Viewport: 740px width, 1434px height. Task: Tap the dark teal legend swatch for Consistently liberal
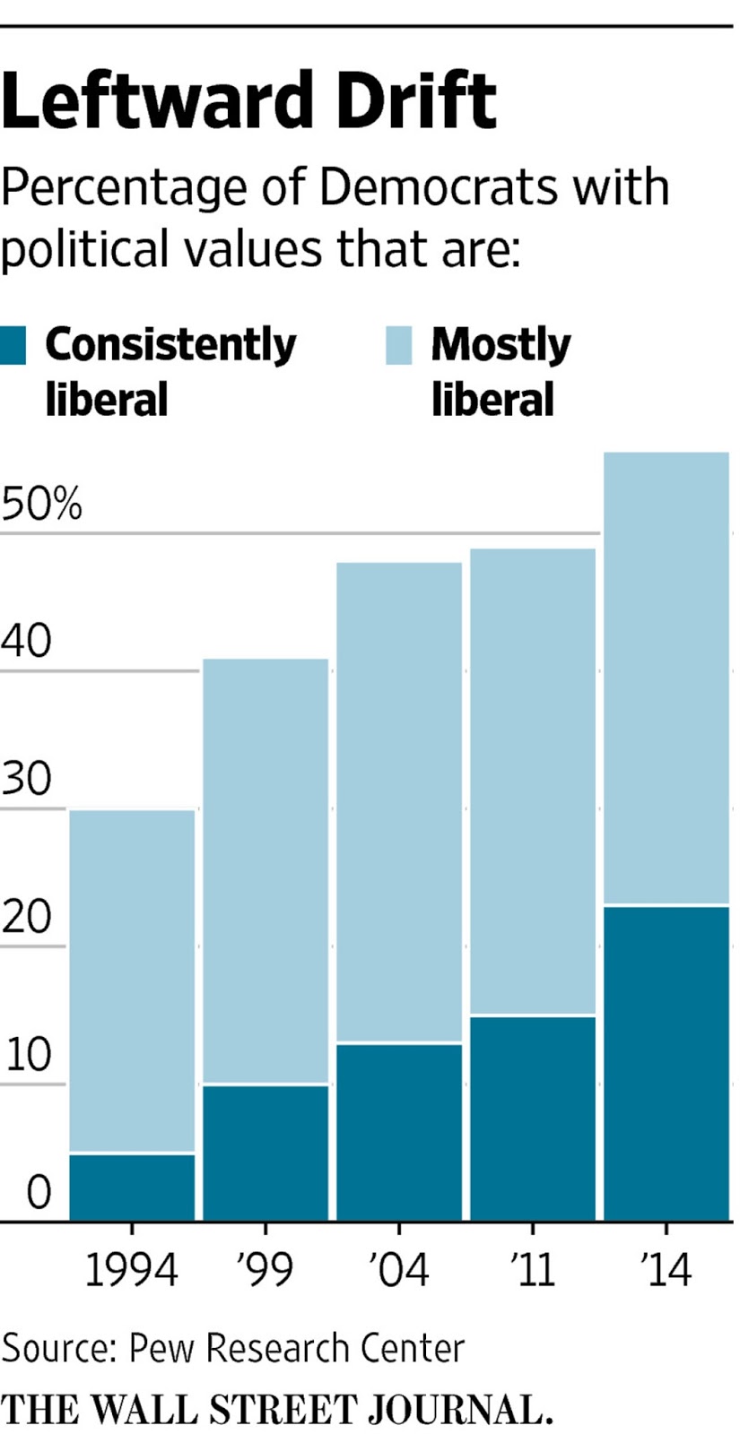point(13,345)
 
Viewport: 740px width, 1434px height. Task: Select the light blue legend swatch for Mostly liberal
point(398,345)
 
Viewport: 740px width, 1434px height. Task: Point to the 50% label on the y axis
point(41,505)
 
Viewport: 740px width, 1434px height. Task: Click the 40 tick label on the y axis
point(27,642)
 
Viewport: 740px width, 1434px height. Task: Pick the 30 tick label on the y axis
point(27,780)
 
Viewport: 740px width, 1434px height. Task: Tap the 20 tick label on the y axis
point(27,918)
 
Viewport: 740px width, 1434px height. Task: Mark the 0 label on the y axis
point(39,1193)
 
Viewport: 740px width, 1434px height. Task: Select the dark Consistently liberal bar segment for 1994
point(132,1188)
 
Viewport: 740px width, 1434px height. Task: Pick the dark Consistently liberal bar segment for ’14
point(666,1064)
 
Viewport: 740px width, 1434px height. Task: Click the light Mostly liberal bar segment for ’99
point(266,871)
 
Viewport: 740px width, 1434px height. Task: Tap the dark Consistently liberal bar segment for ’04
point(399,1132)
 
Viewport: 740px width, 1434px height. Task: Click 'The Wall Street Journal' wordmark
point(276,1409)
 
